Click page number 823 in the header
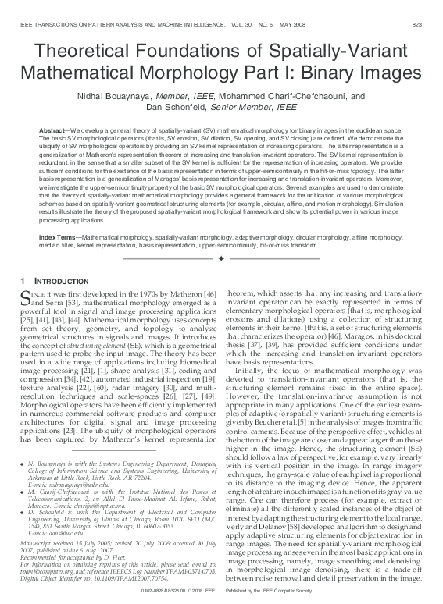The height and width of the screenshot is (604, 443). (422, 24)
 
